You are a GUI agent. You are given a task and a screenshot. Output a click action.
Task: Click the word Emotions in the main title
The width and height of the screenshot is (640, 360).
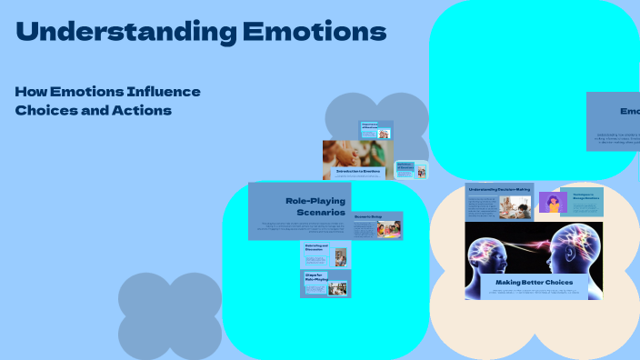[x=315, y=33]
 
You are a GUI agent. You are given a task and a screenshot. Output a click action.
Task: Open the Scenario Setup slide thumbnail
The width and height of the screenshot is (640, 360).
[x=377, y=225]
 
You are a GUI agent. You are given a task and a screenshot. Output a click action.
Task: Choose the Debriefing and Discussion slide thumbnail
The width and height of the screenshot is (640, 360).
[x=324, y=255]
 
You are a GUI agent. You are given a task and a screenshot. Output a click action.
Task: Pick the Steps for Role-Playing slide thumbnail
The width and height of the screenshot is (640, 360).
[x=325, y=284]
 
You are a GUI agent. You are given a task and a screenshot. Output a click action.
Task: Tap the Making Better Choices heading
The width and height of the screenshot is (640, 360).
[x=534, y=283]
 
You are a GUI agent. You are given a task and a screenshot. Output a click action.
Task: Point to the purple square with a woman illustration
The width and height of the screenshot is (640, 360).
[x=553, y=202]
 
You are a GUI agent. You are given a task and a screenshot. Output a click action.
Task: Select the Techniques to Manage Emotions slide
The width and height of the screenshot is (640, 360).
[x=582, y=201]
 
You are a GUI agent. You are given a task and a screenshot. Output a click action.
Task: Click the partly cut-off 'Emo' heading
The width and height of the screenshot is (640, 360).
[x=630, y=111]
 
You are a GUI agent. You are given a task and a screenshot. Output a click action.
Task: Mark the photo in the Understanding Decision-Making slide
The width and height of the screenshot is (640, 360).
[x=515, y=207]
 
